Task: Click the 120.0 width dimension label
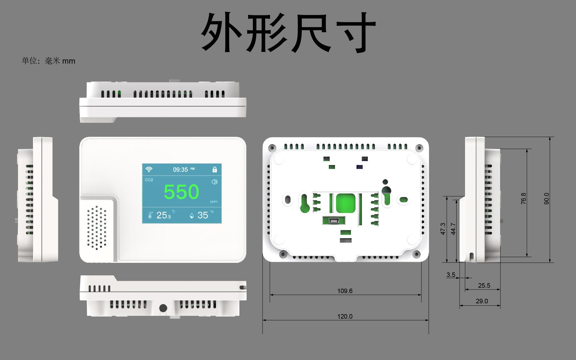(x=345, y=316)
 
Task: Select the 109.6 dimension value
(x=345, y=291)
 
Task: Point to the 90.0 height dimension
(x=546, y=199)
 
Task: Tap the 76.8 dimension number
(x=523, y=199)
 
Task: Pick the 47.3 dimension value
(x=443, y=229)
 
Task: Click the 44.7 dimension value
(x=453, y=229)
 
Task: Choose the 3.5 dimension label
(x=451, y=274)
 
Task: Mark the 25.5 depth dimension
(x=484, y=286)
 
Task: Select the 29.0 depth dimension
(x=482, y=301)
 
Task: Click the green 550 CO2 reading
(x=181, y=192)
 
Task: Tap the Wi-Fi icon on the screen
(x=149, y=169)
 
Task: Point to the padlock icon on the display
(x=214, y=169)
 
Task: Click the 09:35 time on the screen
(x=180, y=170)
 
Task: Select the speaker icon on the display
(x=214, y=182)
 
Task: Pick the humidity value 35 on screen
(x=203, y=215)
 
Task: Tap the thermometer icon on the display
(x=150, y=215)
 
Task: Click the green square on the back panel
(x=345, y=203)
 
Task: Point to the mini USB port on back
(x=334, y=221)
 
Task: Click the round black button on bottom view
(x=163, y=308)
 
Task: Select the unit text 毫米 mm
(x=60, y=61)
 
